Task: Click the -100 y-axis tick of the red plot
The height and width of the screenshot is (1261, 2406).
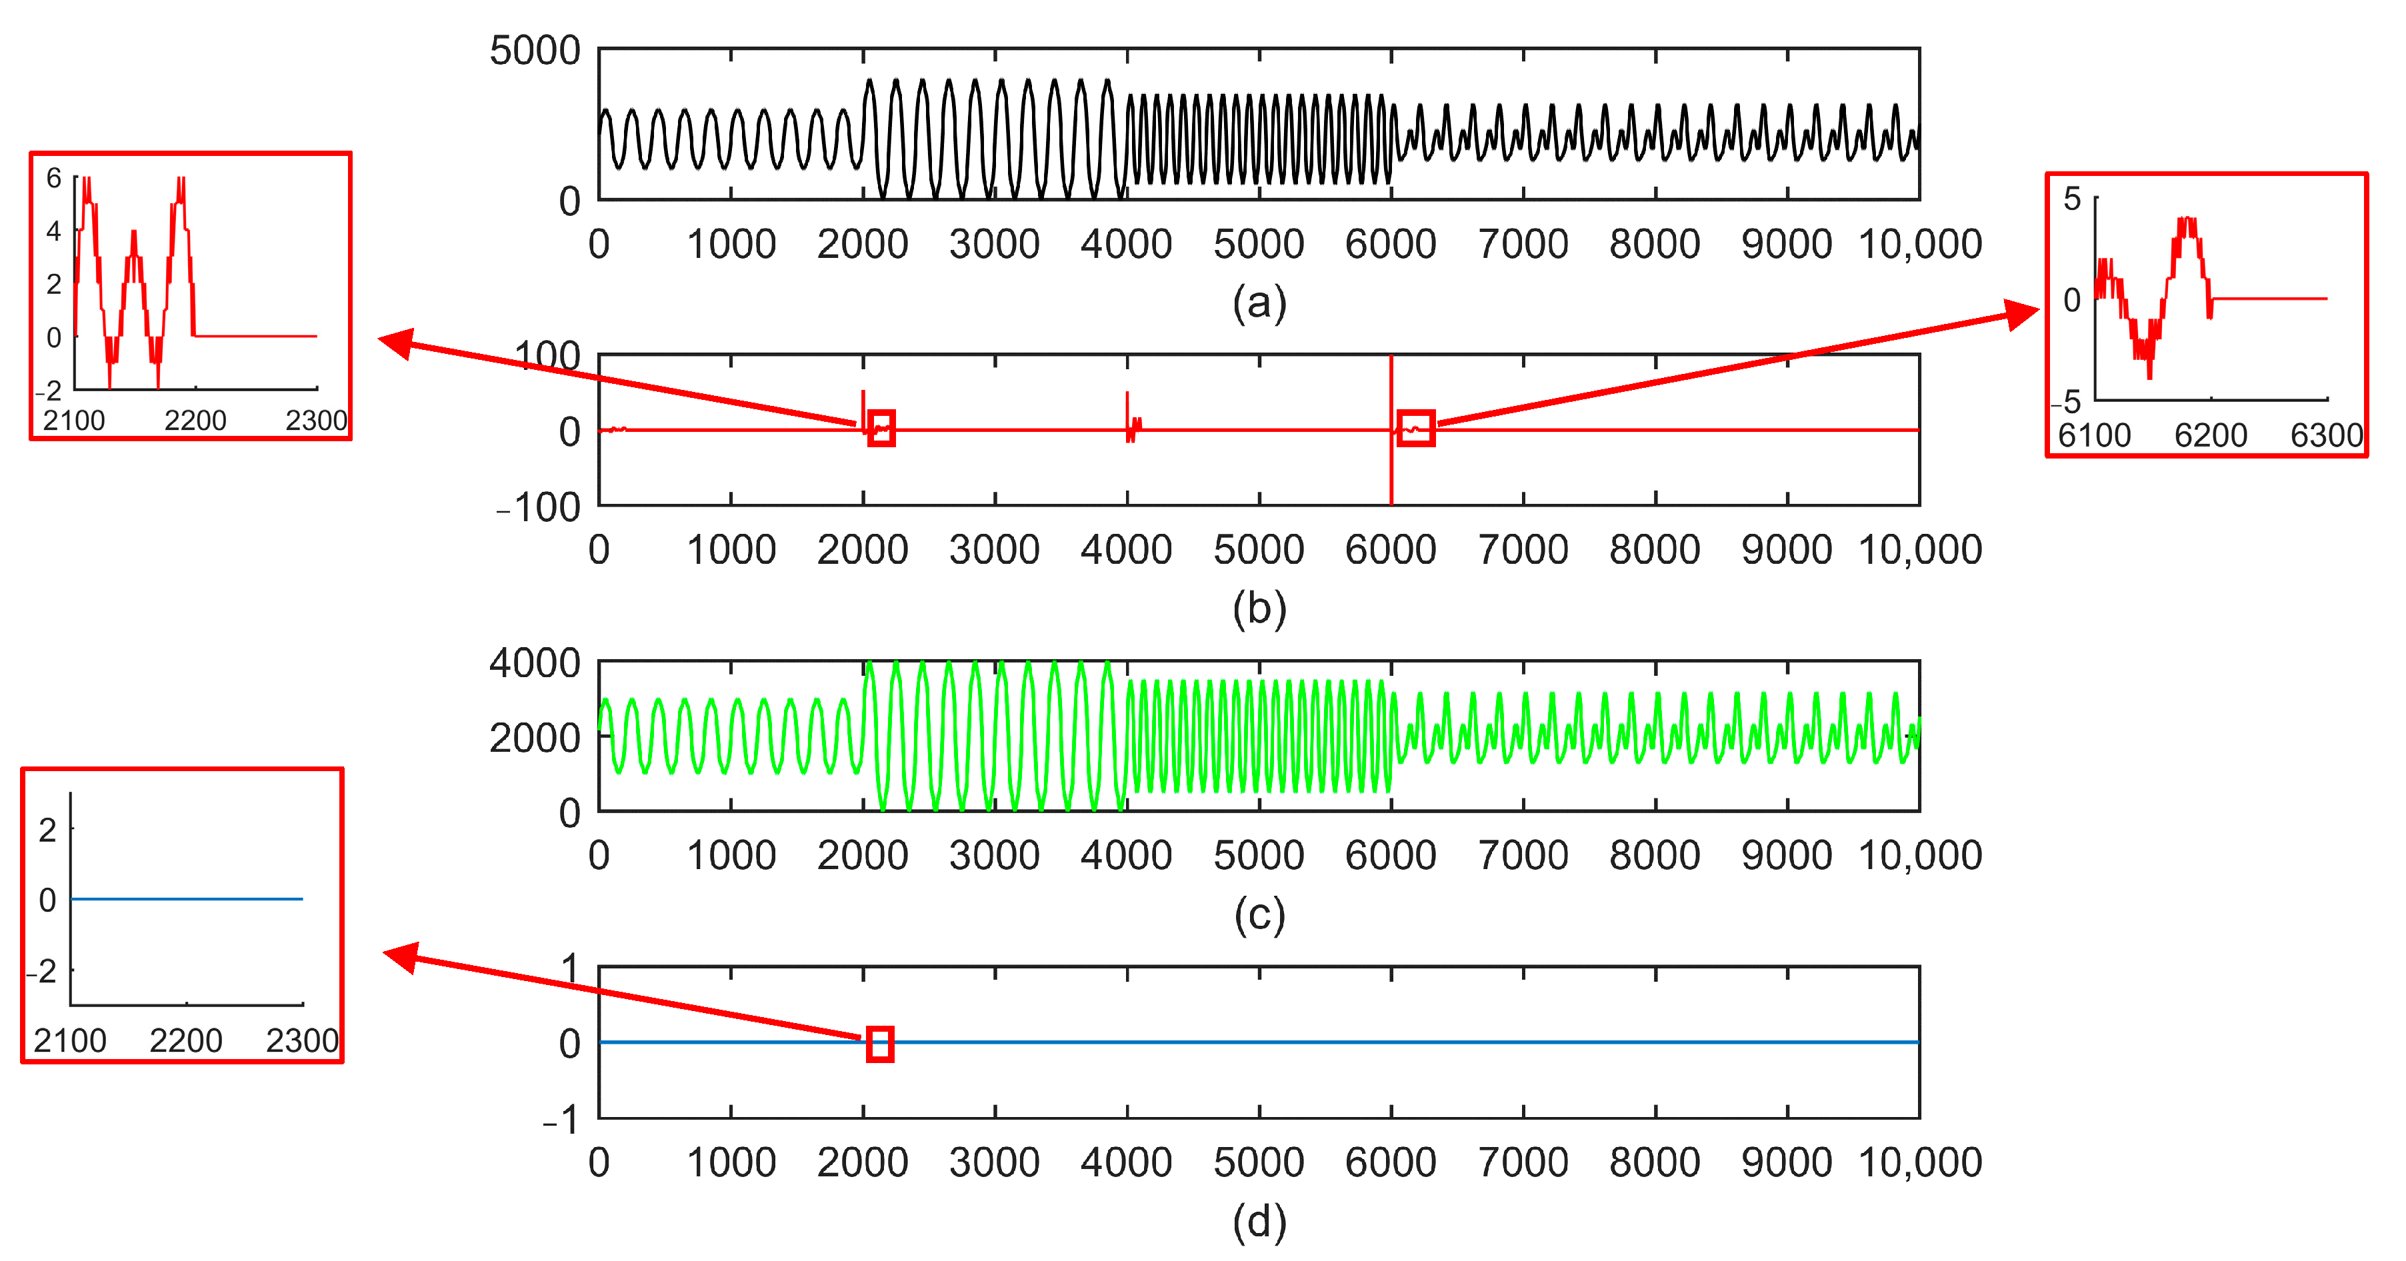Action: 538,508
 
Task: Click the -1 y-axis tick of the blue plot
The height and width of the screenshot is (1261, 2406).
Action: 561,1120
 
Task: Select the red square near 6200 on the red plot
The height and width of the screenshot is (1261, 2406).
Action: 1416,428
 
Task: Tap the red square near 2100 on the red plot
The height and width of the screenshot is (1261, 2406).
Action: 881,428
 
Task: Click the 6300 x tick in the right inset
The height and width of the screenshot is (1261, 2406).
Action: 2326,435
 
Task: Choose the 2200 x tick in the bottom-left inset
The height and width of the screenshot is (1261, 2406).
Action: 186,1040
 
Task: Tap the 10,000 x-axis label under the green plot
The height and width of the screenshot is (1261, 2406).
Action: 1919,856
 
